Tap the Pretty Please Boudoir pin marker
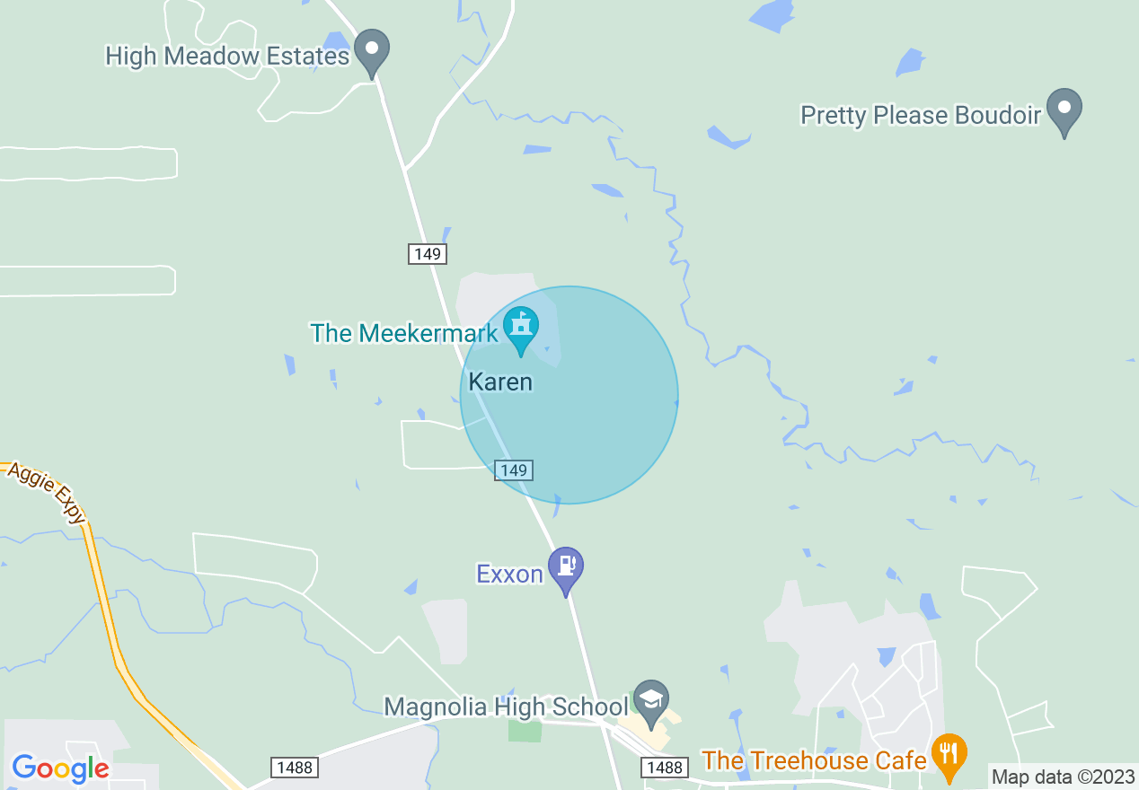(x=1064, y=109)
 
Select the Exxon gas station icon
(x=567, y=567)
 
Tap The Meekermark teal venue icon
(x=520, y=327)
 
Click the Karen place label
(x=500, y=382)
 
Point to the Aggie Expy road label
(x=46, y=493)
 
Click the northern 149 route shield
(x=428, y=254)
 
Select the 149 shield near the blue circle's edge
(x=513, y=470)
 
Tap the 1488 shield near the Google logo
(x=294, y=768)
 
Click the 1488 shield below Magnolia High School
(x=666, y=768)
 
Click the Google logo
(x=60, y=768)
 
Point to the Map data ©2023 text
(x=1063, y=777)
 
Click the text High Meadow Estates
(x=227, y=57)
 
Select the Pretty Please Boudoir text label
(x=921, y=116)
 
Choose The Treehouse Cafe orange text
(x=814, y=761)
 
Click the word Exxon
(x=510, y=575)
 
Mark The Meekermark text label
(x=404, y=334)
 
